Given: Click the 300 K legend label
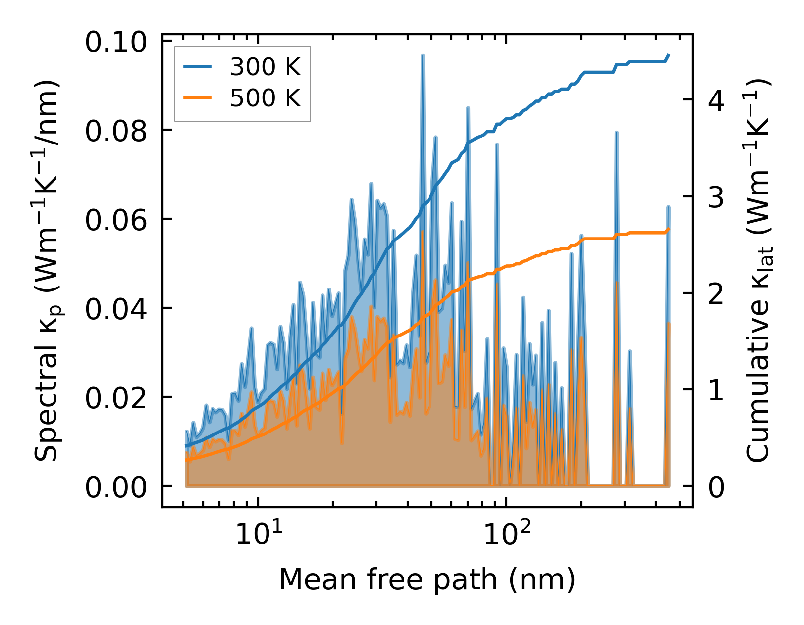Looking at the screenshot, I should tap(265, 67).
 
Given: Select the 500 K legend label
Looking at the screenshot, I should tap(265, 98).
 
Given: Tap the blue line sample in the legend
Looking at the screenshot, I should tap(198, 67).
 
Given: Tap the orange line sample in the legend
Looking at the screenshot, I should tap(198, 98).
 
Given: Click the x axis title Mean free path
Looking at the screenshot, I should tap(427, 579).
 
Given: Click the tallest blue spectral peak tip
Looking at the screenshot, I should tap(423, 56).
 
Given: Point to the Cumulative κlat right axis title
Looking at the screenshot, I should tap(758, 270).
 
